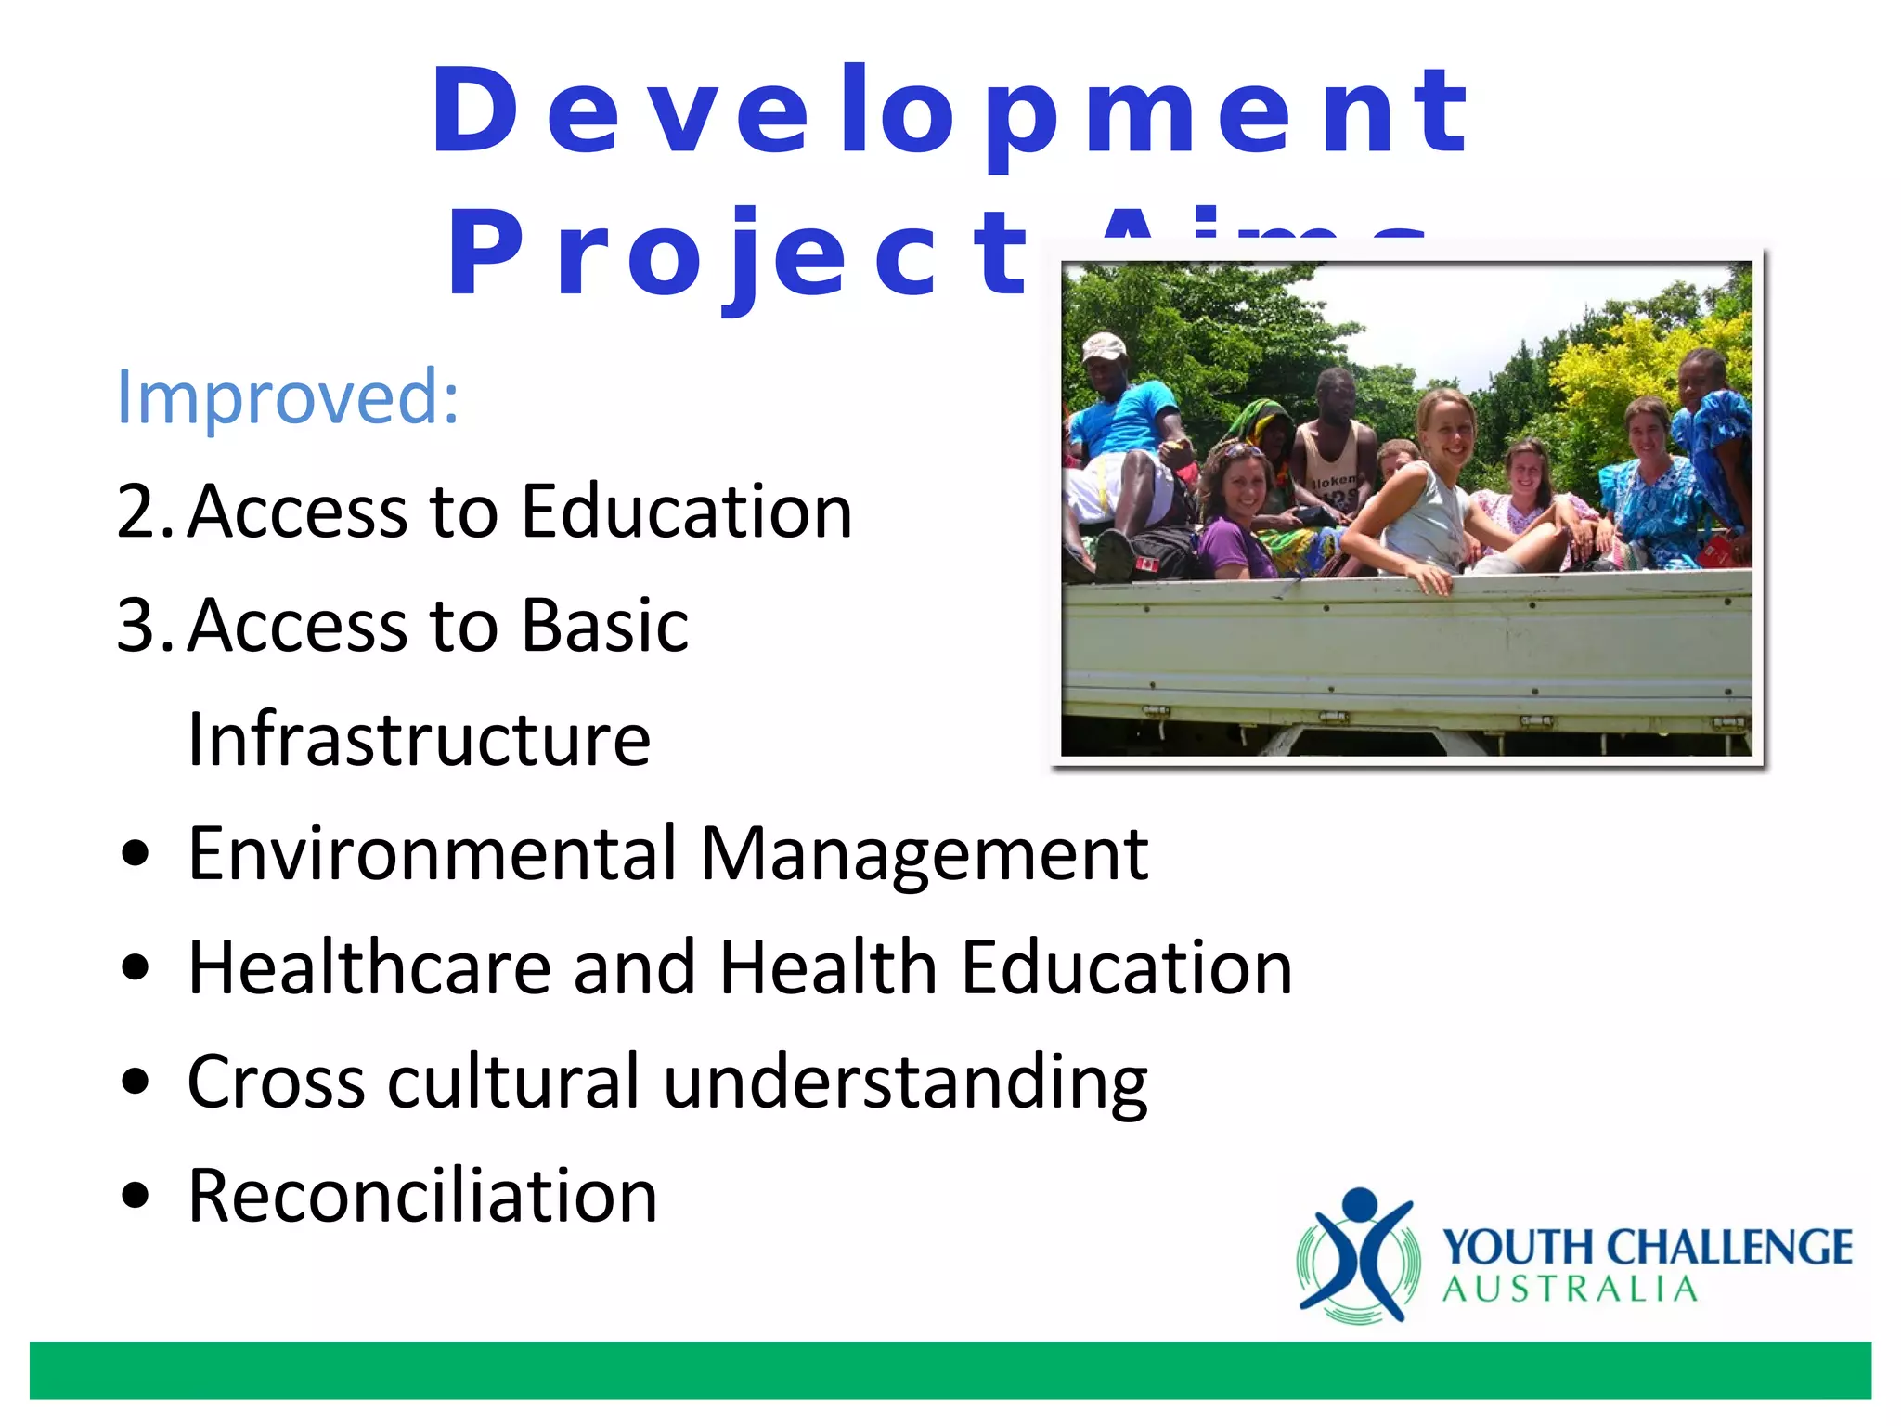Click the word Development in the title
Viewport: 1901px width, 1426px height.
point(949,113)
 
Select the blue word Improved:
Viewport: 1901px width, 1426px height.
point(288,397)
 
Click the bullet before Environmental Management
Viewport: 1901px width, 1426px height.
point(136,854)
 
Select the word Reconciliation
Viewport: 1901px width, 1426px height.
point(422,1196)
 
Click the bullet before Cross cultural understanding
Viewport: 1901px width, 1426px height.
point(136,1082)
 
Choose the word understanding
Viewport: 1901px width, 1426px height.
point(906,1082)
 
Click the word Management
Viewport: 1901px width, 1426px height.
point(925,854)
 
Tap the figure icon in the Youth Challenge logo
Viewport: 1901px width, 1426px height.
point(1358,1253)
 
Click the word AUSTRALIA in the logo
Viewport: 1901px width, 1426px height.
point(1570,1290)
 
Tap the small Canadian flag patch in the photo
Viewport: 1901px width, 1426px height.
point(1147,563)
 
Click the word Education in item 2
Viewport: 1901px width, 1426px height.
point(686,512)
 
